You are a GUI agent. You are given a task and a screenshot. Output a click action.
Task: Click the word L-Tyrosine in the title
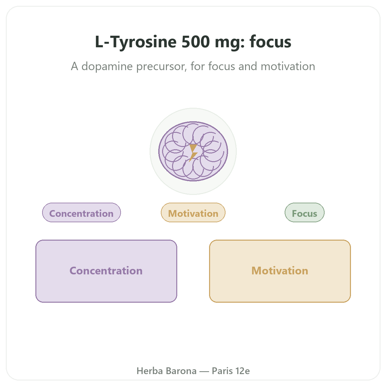pyautogui.click(x=136, y=42)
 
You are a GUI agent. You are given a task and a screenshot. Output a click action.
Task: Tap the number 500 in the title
pyautogui.click(x=196, y=42)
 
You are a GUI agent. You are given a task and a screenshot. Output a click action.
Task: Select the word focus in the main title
pyautogui.click(x=270, y=42)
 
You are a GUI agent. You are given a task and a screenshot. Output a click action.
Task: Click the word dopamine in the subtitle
pyautogui.click(x=107, y=67)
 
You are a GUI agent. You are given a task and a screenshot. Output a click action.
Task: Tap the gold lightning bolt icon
pyautogui.click(x=193, y=153)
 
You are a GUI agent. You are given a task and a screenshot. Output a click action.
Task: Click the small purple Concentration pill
pyautogui.click(x=81, y=212)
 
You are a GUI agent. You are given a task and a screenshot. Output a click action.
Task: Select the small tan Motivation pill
pyautogui.click(x=193, y=212)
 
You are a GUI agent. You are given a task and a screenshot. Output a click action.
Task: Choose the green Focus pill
pyautogui.click(x=305, y=212)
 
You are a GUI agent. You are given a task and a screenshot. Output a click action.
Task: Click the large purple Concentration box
pyautogui.click(x=106, y=271)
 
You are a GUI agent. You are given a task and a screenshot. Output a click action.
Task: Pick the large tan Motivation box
pyautogui.click(x=280, y=271)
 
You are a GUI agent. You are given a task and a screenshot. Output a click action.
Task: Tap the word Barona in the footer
pyautogui.click(x=181, y=371)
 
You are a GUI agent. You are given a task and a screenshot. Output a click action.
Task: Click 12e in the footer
pyautogui.click(x=243, y=371)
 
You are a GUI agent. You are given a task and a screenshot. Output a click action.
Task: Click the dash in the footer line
pyautogui.click(x=204, y=372)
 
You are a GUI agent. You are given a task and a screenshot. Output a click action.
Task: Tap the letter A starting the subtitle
pyautogui.click(x=74, y=66)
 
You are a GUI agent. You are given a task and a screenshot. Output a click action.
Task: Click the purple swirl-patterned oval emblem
pyautogui.click(x=193, y=151)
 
